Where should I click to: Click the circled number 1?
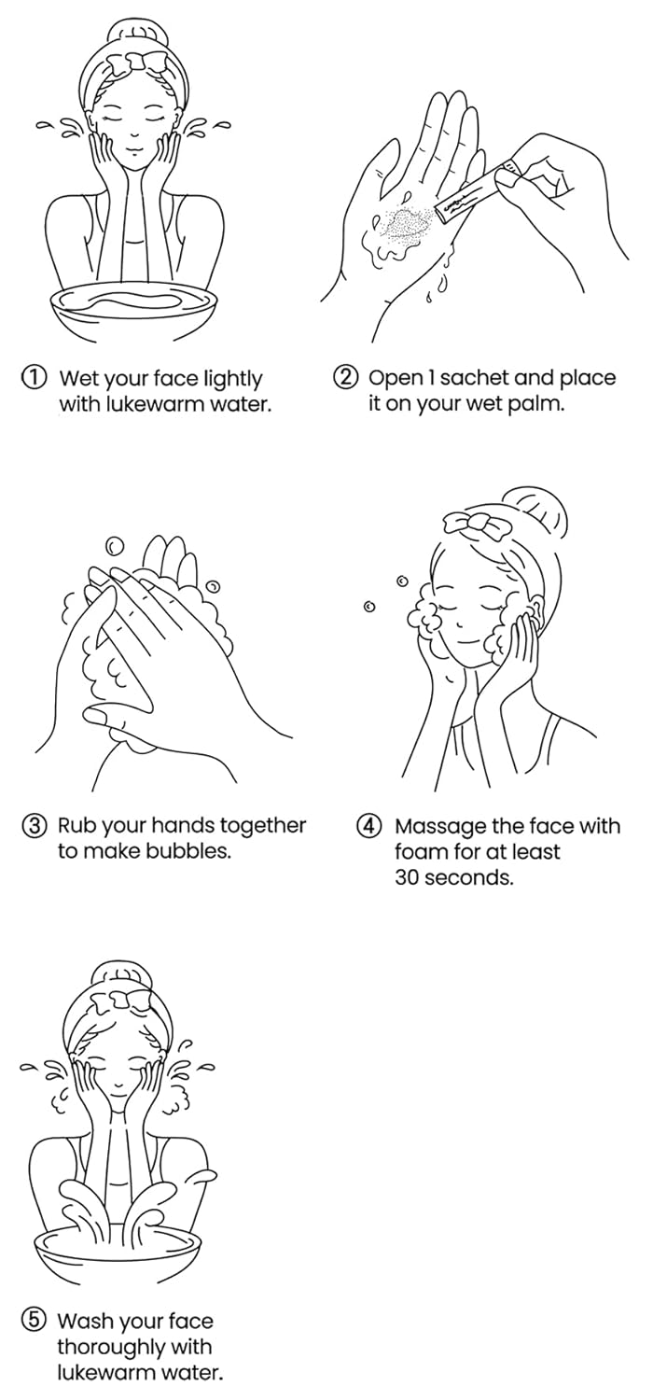click(34, 378)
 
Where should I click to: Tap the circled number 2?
click(345, 377)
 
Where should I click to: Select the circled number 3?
click(34, 826)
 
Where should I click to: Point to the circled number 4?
click(368, 826)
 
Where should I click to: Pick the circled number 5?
click(34, 1320)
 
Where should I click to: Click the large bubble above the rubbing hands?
click(115, 547)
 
